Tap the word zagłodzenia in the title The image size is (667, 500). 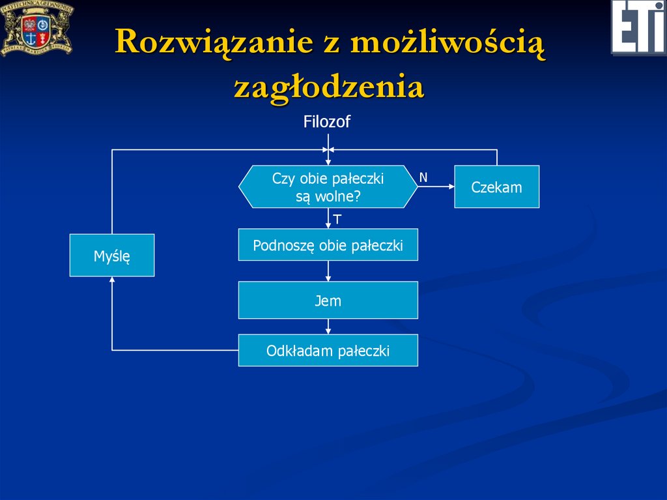(329, 87)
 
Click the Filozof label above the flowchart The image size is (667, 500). (327, 122)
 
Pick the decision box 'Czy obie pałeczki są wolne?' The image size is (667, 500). (328, 187)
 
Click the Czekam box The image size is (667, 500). (496, 187)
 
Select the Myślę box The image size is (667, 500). (112, 256)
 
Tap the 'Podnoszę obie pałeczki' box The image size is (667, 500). (328, 245)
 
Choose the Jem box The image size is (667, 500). (328, 301)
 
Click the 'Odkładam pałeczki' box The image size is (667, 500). (328, 351)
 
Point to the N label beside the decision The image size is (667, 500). (423, 177)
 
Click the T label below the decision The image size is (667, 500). (337, 219)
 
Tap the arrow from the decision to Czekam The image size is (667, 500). (436, 187)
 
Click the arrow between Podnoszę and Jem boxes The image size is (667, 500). (328, 271)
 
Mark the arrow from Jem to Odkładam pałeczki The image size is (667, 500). (328, 327)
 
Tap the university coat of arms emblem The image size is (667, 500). (36, 27)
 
